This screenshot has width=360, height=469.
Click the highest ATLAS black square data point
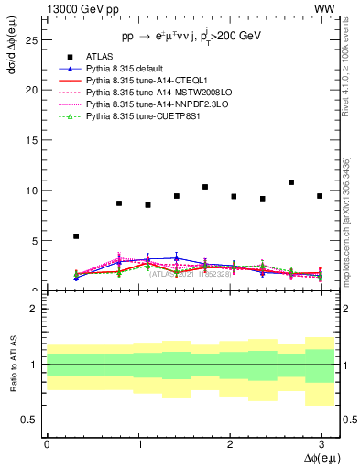point(291,182)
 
